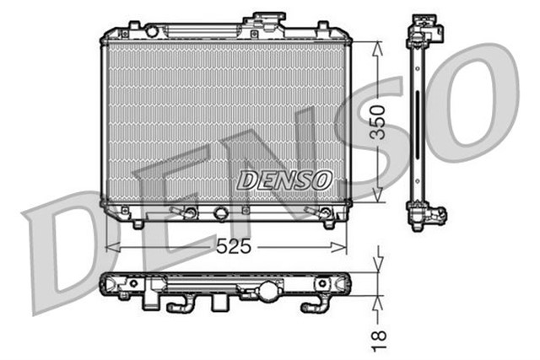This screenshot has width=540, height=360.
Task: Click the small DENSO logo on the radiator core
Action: [284, 179]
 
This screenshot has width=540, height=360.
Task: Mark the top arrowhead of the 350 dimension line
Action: [379, 44]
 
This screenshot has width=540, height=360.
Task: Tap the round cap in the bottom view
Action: [268, 292]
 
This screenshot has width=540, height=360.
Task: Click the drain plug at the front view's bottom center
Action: [221, 212]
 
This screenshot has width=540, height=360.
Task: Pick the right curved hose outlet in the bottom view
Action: [321, 304]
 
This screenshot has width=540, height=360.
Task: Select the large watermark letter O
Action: [472, 101]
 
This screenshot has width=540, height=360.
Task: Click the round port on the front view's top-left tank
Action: [152, 31]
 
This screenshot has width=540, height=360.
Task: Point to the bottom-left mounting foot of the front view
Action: [137, 223]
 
